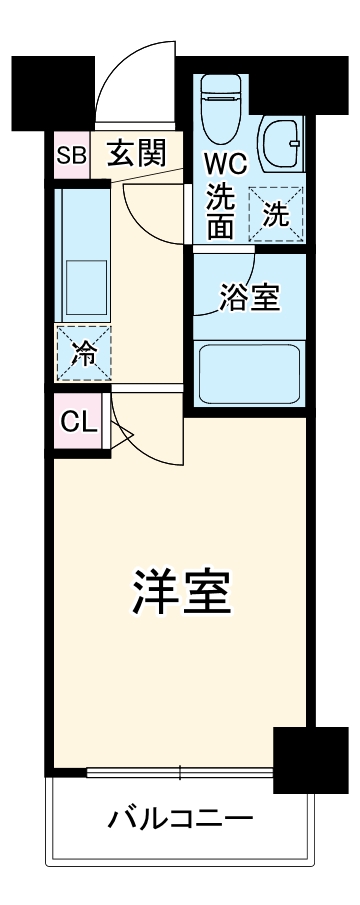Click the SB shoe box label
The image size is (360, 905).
click(70, 155)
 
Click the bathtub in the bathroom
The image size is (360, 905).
click(249, 372)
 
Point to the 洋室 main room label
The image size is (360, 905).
click(181, 594)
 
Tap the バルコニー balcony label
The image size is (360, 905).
click(180, 820)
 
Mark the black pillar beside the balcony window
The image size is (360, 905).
click(303, 760)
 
